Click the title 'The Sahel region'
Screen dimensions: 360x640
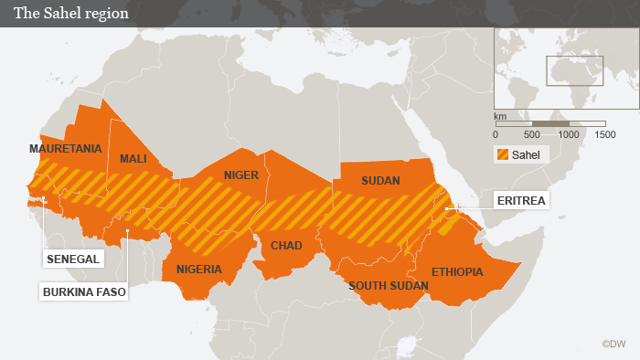70,14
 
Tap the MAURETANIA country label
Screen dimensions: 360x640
65,148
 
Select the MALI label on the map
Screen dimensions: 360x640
133,159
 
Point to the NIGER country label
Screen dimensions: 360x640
241,175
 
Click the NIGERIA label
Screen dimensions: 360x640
199,270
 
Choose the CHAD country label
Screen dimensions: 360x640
286,246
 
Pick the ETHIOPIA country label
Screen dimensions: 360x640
456,271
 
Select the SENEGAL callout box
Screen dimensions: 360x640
73,259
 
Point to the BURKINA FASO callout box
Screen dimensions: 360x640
83,292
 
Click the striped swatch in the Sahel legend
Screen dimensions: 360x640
502,154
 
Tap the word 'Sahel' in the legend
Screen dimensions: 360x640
527,154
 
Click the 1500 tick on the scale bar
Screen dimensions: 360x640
604,134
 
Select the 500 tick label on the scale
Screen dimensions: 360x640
532,134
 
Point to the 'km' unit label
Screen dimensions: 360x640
500,117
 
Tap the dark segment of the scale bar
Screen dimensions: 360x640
550,123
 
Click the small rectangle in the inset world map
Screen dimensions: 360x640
575,70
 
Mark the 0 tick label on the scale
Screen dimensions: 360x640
496,134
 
